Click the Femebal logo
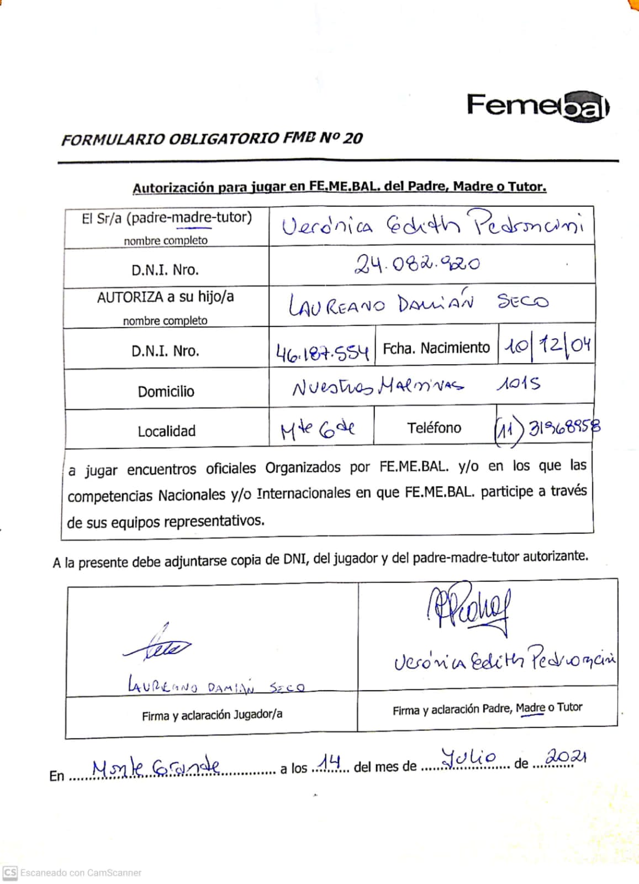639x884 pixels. [537, 105]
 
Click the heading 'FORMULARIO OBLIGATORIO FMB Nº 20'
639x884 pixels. [212, 138]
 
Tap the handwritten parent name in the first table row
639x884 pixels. [432, 224]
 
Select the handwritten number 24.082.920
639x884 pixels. [417, 264]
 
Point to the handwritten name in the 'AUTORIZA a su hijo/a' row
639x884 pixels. [418, 303]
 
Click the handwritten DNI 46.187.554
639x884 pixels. [322, 351]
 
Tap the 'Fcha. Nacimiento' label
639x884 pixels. [436, 348]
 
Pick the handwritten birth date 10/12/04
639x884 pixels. [546, 346]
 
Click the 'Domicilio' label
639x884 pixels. [166, 392]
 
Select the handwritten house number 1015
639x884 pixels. [518, 383]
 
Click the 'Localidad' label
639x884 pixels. [166, 431]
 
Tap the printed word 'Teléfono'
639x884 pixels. [434, 428]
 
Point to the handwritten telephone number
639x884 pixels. [547, 428]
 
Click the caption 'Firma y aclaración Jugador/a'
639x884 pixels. [212, 715]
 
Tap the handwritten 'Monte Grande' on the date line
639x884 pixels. [156, 768]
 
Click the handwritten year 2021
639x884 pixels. [564, 756]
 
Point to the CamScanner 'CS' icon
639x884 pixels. [10, 872]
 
